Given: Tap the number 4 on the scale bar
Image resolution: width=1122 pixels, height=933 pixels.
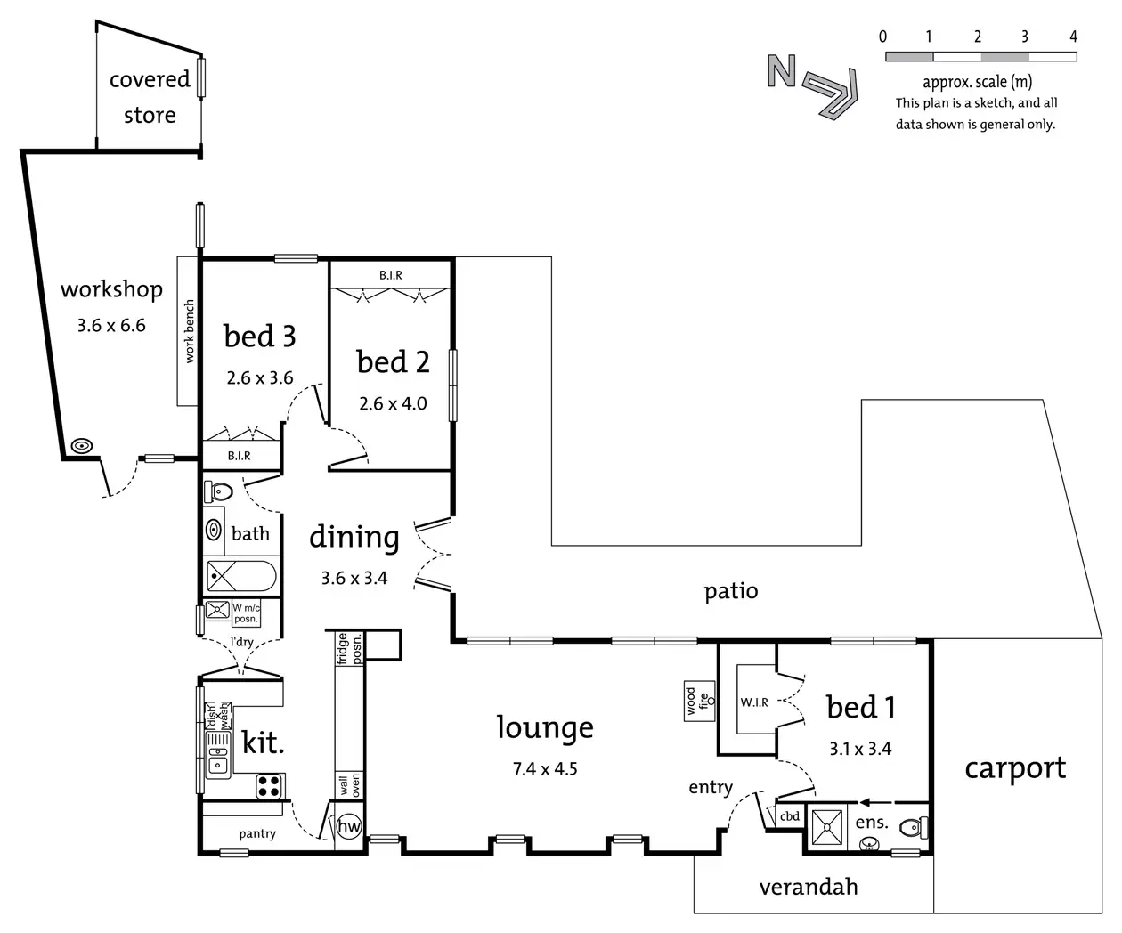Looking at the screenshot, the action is point(1073,37).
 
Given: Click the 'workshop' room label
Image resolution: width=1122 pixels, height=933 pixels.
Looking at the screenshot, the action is point(111,289).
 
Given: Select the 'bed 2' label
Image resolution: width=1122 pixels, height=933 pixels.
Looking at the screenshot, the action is point(393,361).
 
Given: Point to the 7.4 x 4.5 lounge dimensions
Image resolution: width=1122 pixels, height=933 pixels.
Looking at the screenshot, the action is point(545,768).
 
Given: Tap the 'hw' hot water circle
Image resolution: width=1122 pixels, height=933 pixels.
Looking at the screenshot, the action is point(349,826).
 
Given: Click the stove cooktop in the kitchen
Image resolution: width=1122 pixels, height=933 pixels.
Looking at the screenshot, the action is point(270,785).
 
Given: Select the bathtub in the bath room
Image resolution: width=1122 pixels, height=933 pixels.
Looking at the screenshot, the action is point(241,577).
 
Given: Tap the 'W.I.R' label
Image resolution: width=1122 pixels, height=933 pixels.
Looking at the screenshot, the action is point(754,702).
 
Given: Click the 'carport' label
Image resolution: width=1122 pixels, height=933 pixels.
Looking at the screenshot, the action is point(1015,767).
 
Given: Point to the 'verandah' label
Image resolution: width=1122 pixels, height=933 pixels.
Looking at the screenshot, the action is point(809,887).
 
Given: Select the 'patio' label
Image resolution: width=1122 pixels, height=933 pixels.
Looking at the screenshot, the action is point(731,591).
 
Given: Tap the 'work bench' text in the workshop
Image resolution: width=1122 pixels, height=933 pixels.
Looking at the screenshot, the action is point(189,332).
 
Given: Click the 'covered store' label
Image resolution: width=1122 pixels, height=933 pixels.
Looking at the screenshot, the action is point(150,97).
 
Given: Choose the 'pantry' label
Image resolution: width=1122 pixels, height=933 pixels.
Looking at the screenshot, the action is point(256,833).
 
